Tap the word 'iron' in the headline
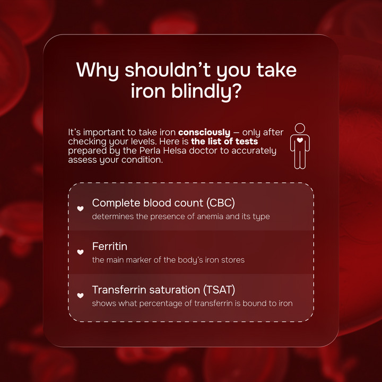point(149,91)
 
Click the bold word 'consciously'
point(204,132)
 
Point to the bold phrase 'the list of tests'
point(224,141)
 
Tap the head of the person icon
point(300,128)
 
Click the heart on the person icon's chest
point(300,140)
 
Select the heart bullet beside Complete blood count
point(81,209)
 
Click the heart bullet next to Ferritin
point(81,252)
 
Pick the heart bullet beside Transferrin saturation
point(81,296)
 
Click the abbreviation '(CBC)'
point(221,203)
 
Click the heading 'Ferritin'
point(110,246)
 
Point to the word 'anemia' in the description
point(210,216)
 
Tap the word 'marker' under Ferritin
point(138,260)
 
